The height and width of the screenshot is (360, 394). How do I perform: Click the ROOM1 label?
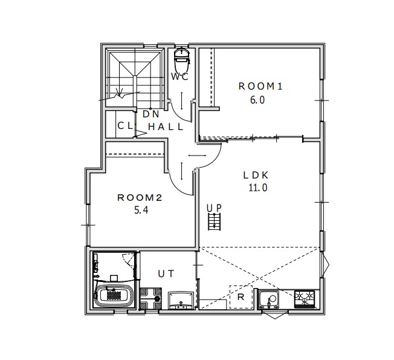coord(260,87)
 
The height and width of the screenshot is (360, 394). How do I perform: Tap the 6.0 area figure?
coord(257,100)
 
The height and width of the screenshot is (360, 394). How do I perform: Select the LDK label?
coord(256,175)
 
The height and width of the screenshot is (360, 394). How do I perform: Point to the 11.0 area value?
coord(258,188)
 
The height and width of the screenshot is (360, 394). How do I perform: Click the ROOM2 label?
coord(140,198)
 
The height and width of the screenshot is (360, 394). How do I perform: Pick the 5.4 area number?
coord(141,210)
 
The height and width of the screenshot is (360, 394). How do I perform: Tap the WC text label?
coord(179,76)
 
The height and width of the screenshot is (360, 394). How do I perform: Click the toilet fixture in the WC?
coord(182,57)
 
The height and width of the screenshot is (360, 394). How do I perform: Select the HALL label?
coord(166,127)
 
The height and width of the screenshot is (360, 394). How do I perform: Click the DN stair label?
coord(151,114)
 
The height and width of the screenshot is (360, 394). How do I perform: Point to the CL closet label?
coord(125,125)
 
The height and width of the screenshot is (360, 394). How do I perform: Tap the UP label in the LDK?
coord(215,208)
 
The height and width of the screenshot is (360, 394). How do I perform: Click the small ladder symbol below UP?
coord(215,221)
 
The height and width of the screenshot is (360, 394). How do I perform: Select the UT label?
coord(166,273)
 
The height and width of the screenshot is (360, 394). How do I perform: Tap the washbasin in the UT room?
coord(181,300)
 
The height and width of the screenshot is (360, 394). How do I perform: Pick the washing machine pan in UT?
coord(150,299)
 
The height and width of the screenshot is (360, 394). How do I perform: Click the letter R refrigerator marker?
coord(241,297)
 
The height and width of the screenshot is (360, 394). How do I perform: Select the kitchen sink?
coord(269,299)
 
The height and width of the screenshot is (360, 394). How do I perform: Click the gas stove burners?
coord(305,299)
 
